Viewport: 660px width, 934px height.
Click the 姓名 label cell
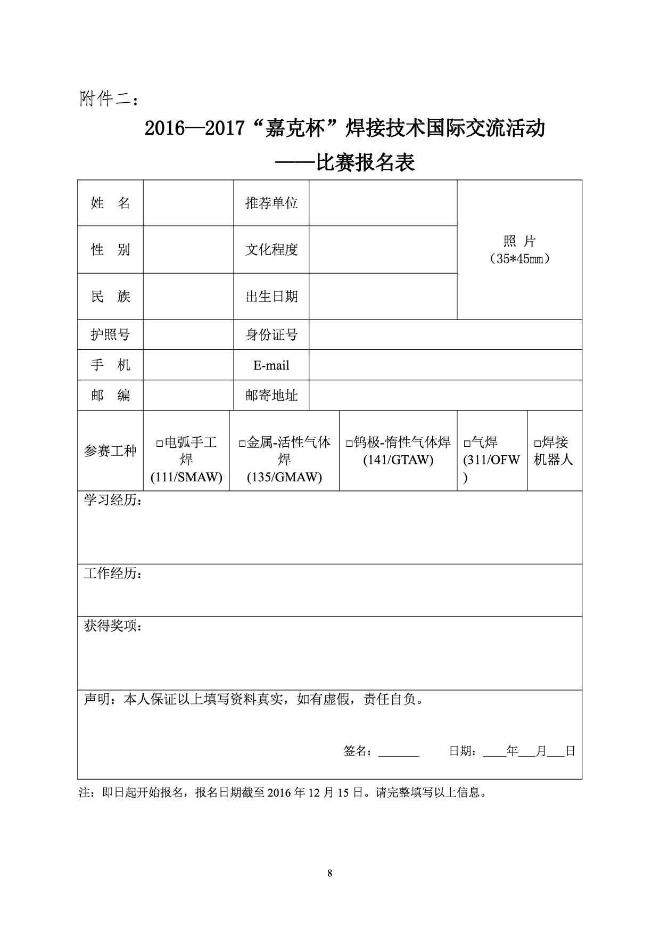110,203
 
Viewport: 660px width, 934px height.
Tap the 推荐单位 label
271,203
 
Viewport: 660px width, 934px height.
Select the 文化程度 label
271,250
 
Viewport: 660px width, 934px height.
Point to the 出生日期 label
271,297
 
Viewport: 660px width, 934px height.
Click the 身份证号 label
271,335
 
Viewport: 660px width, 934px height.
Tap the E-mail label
271,365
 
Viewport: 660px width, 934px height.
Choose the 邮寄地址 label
271,396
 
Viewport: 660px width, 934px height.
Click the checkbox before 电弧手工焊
159,443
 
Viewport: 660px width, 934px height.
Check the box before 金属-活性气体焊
242,443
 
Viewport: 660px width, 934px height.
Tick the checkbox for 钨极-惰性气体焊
349,443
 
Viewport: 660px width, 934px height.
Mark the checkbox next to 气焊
467,443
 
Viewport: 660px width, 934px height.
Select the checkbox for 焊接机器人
538,443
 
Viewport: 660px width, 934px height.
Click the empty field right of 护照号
188,335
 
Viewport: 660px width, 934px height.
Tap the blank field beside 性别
188,250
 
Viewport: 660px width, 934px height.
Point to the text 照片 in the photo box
519,241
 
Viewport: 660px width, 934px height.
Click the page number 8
330,873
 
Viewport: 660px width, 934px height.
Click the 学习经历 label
113,501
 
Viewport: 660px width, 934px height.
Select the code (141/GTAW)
398,460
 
